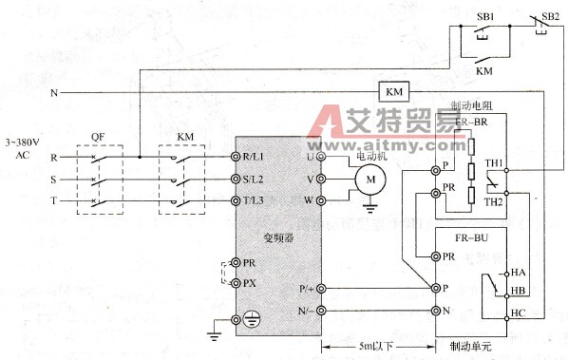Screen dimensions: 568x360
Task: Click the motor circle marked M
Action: [x=365, y=178]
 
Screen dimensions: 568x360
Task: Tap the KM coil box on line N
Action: [x=392, y=91]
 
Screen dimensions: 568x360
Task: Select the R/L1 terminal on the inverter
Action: [x=237, y=157]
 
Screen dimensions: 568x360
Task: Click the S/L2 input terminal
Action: [x=237, y=179]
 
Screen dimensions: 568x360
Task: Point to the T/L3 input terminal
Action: [x=237, y=201]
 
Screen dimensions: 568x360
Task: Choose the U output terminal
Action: [x=321, y=157]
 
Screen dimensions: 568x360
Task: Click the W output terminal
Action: [x=321, y=201]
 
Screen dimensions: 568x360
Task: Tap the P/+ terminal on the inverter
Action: [x=321, y=288]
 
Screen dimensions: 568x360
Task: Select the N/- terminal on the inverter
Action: [x=321, y=311]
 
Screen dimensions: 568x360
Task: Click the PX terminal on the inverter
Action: [x=237, y=282]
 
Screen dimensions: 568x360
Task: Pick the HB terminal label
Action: [x=519, y=290]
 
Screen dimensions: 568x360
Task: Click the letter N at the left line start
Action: [x=54, y=93]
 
